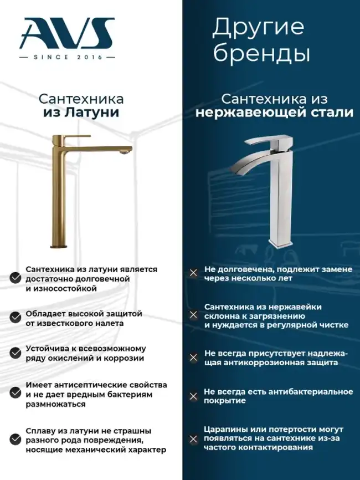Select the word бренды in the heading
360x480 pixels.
pos(261,53)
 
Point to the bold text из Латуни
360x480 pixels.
pos(81,113)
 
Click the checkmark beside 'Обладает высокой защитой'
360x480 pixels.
pos(16,317)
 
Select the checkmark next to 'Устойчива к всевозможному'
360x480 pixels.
pos(16,353)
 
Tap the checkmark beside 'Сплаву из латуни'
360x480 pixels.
pos(16,439)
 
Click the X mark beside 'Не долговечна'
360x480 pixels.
pos(193,273)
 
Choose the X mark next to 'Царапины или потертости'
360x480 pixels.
pos(193,440)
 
